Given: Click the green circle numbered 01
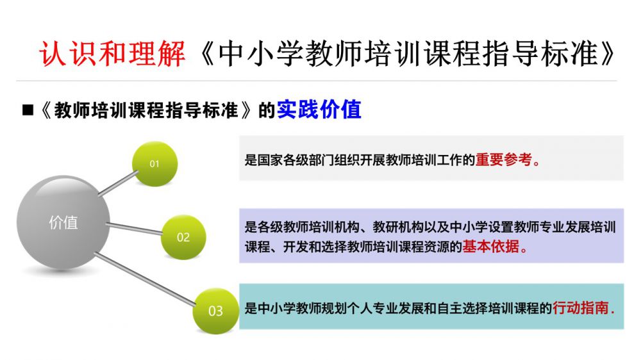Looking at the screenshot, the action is pyautogui.click(x=154, y=164).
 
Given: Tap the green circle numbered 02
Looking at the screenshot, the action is pyautogui.click(x=183, y=237).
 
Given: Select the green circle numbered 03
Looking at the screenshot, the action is pyautogui.click(x=215, y=311).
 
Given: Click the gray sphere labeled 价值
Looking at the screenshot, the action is pyautogui.click(x=63, y=222).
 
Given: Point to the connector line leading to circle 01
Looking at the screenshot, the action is pyautogui.click(x=118, y=183).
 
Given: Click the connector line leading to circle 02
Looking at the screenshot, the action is pyautogui.click(x=135, y=229).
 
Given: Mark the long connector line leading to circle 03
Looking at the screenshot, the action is pyautogui.click(x=145, y=279).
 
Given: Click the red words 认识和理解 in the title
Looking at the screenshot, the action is pyautogui.click(x=112, y=54).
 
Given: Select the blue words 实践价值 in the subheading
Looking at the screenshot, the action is pyautogui.click(x=319, y=110).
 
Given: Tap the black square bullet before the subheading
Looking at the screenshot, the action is pyautogui.click(x=28, y=110).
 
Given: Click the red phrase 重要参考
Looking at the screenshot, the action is pyautogui.click(x=504, y=160).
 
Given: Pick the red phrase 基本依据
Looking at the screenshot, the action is pyautogui.click(x=491, y=247).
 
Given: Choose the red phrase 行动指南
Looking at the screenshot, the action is pyautogui.click(x=581, y=307).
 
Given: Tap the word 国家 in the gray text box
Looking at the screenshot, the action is pyautogui.click(x=271, y=160).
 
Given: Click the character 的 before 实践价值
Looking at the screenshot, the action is pyautogui.click(x=267, y=110).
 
